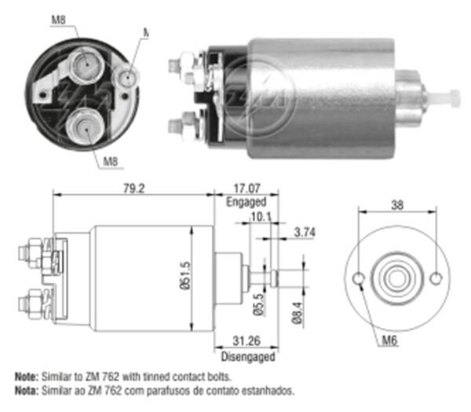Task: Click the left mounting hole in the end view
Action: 360,279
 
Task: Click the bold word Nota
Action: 25,390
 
